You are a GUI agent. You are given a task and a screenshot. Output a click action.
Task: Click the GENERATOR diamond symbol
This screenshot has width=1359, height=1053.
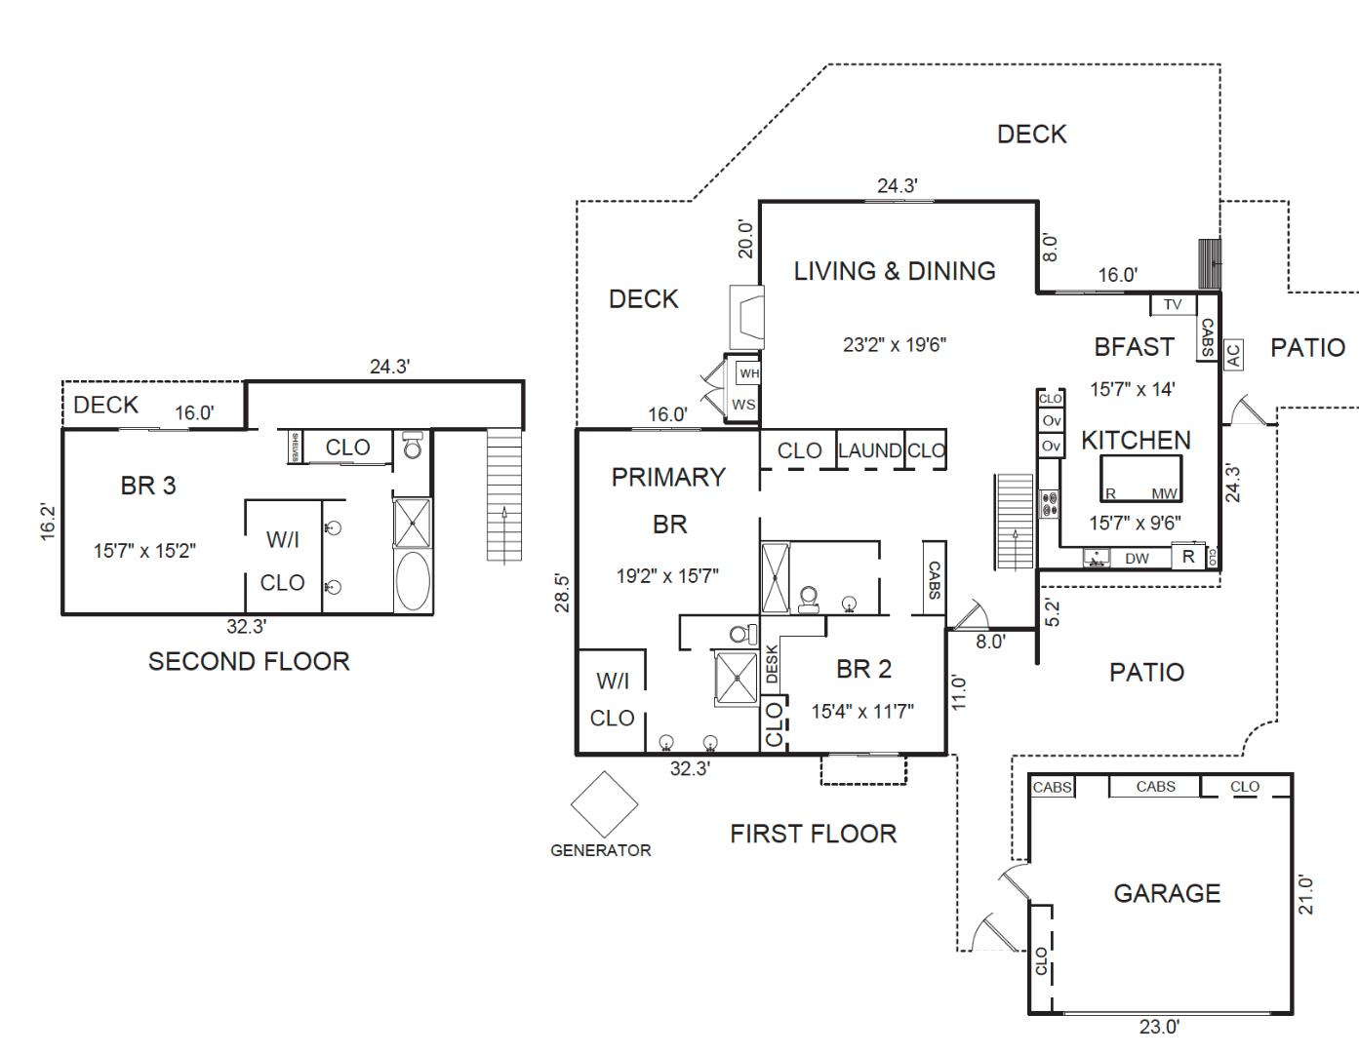pos(604,804)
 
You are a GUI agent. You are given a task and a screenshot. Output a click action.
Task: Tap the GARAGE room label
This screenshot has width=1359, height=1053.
pos(1167,893)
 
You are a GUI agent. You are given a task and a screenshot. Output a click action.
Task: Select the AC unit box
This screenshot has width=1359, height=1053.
pos(1233,354)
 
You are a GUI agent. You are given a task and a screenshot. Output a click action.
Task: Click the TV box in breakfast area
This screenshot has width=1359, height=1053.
pos(1173,304)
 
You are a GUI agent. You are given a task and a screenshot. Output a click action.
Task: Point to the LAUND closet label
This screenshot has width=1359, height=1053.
pos(869,450)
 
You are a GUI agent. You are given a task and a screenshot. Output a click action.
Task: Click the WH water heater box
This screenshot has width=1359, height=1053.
pos(748,373)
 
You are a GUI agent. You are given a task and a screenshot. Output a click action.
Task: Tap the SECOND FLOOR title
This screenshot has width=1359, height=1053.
pos(249,661)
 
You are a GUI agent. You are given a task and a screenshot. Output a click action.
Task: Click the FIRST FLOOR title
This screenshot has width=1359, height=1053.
pos(813,834)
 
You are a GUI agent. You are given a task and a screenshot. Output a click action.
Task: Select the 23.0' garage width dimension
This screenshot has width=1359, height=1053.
pos(1159,1027)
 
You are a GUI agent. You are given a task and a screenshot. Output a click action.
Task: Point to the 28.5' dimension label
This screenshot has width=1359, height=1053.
pos(561,593)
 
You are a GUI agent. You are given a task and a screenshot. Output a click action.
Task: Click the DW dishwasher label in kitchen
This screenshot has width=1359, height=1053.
pos(1137,559)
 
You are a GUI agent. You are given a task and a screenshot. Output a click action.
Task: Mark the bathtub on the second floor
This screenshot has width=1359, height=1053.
pos(412,582)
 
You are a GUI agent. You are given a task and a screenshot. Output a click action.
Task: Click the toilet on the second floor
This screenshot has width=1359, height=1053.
pos(412,446)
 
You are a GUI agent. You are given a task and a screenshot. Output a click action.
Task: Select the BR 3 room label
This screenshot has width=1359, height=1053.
pos(148,486)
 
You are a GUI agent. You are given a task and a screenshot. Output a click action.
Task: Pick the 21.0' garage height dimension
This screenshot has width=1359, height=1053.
pos(1306,894)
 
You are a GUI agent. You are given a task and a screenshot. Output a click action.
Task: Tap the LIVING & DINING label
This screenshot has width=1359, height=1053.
pos(895,271)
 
